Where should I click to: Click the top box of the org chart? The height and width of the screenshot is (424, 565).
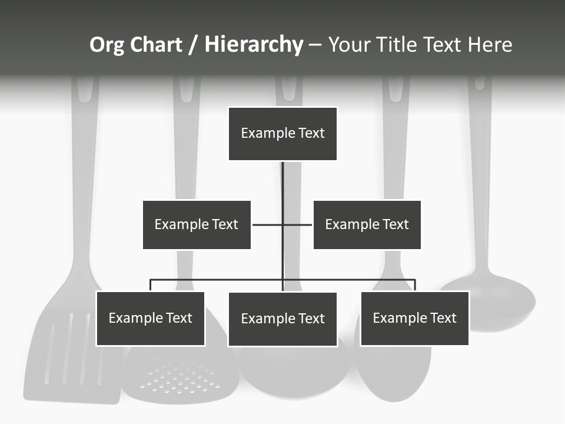282,134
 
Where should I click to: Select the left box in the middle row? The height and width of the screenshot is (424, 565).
197,224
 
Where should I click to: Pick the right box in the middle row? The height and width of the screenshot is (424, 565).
367,224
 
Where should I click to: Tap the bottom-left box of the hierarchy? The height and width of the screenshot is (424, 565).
150,319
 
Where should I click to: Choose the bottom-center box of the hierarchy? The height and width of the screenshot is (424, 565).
282,319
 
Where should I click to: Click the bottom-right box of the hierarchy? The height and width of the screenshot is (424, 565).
414,319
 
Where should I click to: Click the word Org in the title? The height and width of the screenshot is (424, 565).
107,45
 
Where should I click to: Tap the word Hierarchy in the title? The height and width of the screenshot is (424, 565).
254,45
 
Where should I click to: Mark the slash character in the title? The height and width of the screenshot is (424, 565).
193,45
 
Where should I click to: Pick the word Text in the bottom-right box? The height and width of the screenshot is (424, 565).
443,318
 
